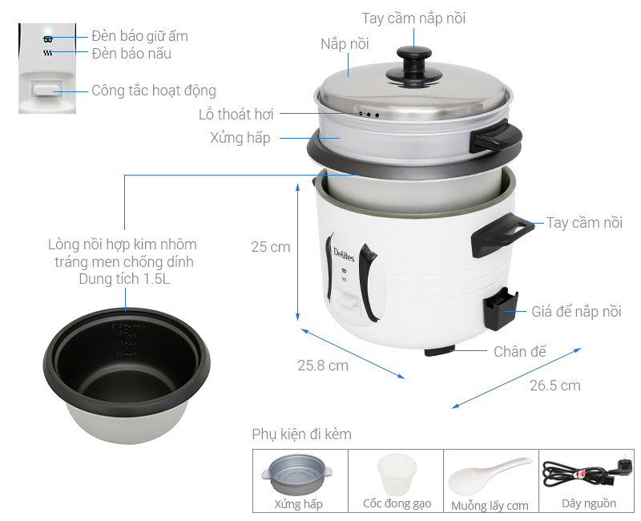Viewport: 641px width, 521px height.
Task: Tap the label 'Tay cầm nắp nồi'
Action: (413, 18)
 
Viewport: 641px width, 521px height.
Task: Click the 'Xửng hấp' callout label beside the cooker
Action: (240, 138)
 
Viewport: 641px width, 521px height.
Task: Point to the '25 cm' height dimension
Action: (270, 247)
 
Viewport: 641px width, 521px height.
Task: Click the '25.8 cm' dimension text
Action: (323, 366)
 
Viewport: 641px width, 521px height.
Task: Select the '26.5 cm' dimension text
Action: (554, 386)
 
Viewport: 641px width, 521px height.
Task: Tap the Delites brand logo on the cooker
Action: (338, 260)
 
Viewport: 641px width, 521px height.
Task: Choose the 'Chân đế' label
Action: (519, 351)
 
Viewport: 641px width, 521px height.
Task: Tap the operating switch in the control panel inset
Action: (47, 91)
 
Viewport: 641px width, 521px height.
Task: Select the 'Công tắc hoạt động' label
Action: (153, 91)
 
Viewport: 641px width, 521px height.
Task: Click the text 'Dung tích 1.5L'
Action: (122, 280)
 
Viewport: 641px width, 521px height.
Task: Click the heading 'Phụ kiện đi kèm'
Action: (301, 434)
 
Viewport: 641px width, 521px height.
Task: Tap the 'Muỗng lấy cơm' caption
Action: (490, 505)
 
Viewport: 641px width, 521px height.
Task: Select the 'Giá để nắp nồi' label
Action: (576, 312)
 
